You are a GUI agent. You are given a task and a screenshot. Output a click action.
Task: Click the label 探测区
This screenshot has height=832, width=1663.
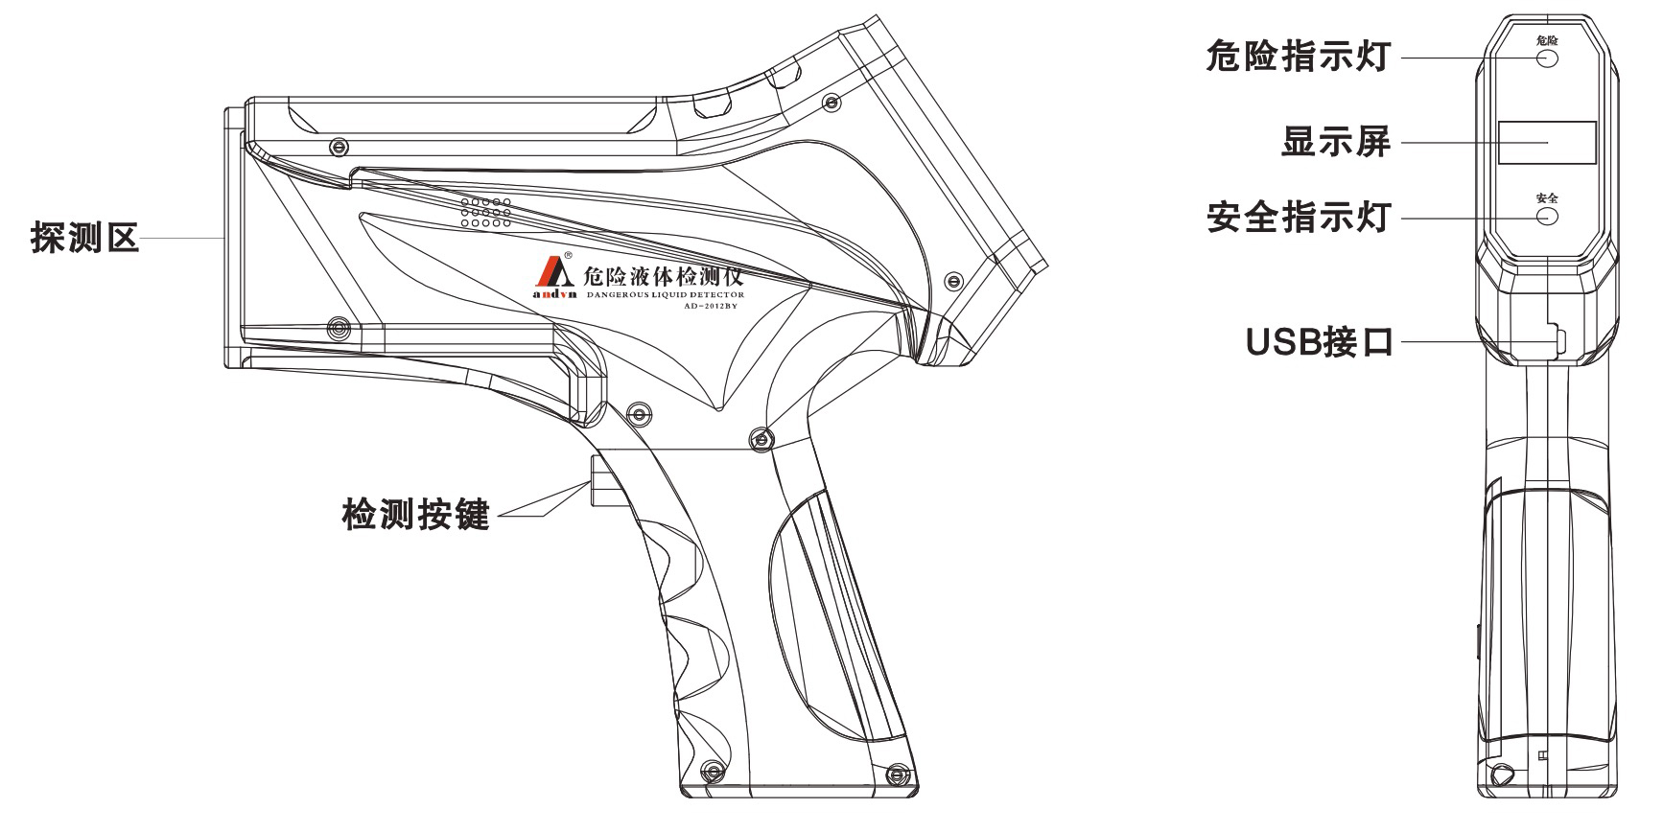pos(85,237)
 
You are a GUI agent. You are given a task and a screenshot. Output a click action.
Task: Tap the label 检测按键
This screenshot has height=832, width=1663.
pos(415,515)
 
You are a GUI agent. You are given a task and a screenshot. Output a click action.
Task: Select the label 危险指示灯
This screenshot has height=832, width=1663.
pos(1297,58)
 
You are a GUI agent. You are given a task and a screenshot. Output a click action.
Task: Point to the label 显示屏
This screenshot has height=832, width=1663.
pos(1336,144)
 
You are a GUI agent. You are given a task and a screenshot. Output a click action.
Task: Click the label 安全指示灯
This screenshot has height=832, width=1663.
pos(1297,219)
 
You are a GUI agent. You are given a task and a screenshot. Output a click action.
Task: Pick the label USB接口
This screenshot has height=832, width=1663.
pos(1319,341)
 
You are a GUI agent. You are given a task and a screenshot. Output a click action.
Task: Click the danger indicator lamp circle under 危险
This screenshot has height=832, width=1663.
pos(1547,58)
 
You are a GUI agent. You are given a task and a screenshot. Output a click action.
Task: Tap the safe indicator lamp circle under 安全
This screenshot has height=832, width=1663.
pos(1547,216)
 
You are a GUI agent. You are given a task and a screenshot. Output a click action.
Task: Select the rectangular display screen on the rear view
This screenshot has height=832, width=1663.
pos(1547,142)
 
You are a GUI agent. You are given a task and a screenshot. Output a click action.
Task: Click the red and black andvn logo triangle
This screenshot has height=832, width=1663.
pos(554,272)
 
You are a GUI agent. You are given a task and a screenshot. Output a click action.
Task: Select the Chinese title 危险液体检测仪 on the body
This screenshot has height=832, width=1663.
pos(663,278)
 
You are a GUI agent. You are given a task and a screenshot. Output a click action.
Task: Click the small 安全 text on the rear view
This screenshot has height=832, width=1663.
pos(1547,197)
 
